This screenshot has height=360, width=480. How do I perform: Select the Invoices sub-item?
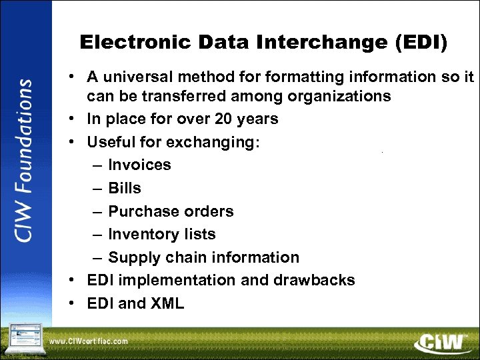(139, 165)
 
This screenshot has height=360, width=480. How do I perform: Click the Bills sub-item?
(125, 188)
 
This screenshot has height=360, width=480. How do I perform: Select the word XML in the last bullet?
(167, 303)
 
